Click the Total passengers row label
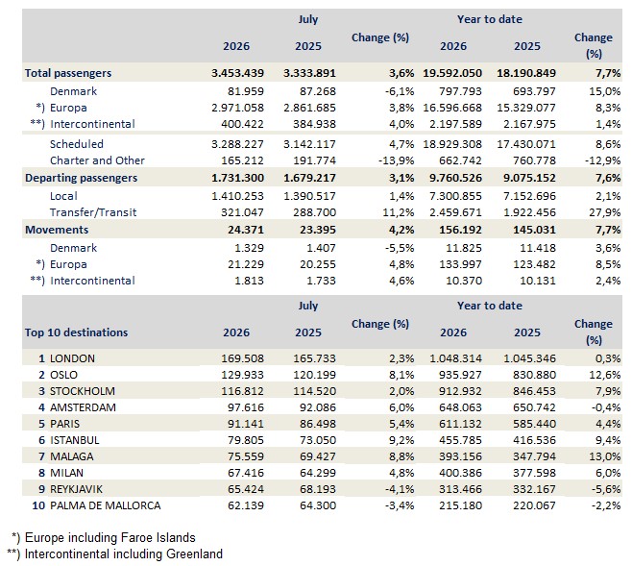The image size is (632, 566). tap(68, 73)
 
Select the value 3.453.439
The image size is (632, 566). tap(238, 73)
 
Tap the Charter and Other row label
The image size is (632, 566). tap(97, 160)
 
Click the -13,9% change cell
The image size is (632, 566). tap(397, 160)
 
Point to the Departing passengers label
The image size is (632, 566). tap(81, 178)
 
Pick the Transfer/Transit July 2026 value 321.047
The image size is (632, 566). tap(242, 212)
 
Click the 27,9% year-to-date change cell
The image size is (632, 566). tap(604, 212)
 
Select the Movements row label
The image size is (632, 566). tap(57, 230)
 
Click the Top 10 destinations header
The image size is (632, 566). tap(76, 332)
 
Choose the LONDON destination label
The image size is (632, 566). tap(72, 358)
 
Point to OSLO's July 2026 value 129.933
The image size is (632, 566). tap(242, 375)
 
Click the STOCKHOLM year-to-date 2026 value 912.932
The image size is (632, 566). tap(460, 391)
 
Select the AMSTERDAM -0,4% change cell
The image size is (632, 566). tap(606, 407)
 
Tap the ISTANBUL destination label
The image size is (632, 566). tap(75, 440)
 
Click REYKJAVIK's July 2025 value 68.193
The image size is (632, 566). tap(318, 489)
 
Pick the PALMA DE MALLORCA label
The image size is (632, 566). tap(106, 505)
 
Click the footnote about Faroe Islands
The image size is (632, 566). tap(103, 538)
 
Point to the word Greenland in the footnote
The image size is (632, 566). tap(194, 554)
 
